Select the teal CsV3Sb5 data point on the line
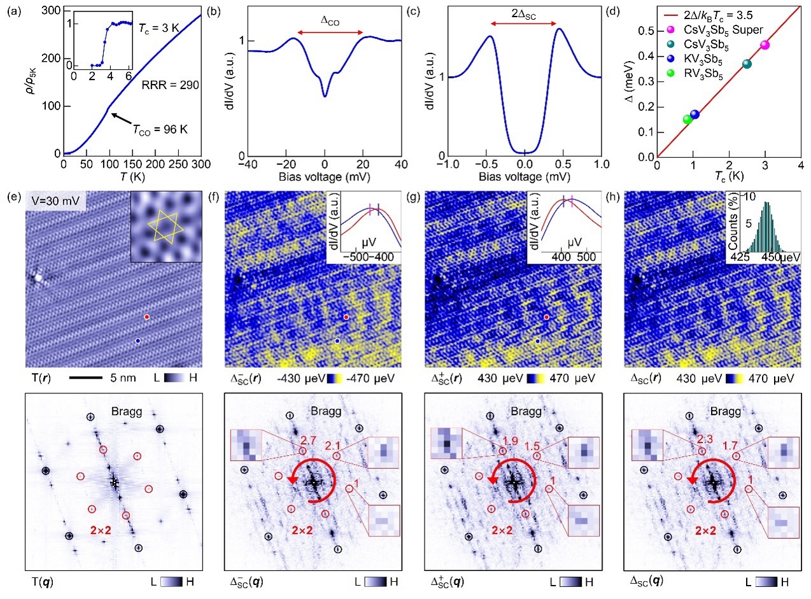(x=747, y=64)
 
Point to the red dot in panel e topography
(x=147, y=316)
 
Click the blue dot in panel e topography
(x=138, y=342)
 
